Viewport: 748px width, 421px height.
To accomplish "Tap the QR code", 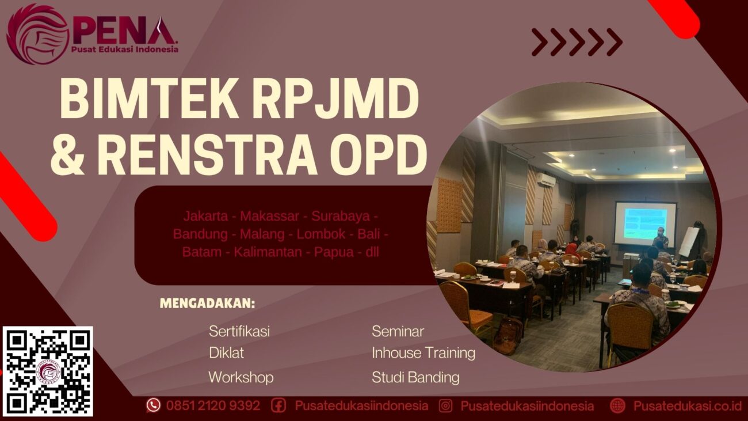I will point(48,371).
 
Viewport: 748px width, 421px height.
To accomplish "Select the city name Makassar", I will point(269,217).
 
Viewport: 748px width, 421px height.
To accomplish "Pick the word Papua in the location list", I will point(333,252).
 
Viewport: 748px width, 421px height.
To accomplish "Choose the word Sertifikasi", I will point(239,331).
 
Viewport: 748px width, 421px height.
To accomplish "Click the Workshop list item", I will point(241,377).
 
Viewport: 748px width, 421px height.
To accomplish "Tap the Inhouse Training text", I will point(423,352).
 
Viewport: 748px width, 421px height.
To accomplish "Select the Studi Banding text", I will point(415,378).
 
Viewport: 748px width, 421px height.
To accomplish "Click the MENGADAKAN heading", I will point(207,304).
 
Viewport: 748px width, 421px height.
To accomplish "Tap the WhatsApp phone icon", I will point(153,405).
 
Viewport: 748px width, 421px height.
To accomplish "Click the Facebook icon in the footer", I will point(278,405).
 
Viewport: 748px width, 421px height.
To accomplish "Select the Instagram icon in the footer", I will point(445,405).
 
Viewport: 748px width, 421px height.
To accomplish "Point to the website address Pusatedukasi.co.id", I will point(687,405).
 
